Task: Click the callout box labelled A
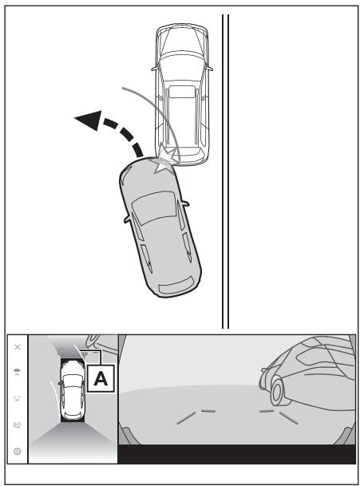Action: coord(101,378)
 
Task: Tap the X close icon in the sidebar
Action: coord(18,347)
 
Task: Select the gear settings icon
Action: coord(18,452)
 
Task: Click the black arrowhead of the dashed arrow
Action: coord(89,120)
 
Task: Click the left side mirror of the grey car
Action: coord(127,219)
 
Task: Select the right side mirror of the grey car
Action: coord(185,203)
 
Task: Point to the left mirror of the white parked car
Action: coord(154,68)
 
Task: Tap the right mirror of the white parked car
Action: coord(210,68)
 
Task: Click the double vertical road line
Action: coord(225,172)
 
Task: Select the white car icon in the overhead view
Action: coord(72,390)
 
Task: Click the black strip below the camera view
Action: coord(237,454)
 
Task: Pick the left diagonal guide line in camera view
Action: coord(186,418)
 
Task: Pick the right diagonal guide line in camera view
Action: coord(289,418)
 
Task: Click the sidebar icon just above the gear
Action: coord(18,425)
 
